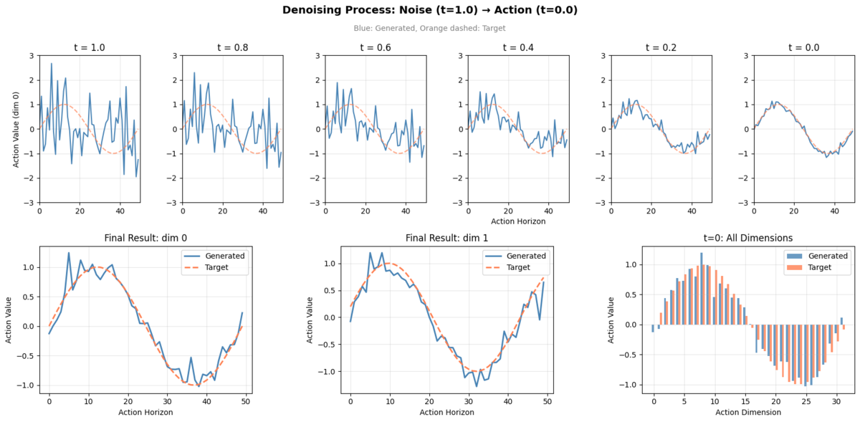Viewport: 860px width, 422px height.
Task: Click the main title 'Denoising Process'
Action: coord(429,10)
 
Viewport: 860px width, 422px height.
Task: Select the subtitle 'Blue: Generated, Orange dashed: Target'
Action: coord(429,29)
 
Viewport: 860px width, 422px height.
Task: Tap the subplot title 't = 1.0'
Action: coord(89,47)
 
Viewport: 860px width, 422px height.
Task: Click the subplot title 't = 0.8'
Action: coord(231,47)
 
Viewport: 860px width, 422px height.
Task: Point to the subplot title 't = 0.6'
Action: coord(374,47)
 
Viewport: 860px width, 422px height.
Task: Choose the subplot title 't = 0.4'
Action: coord(517,47)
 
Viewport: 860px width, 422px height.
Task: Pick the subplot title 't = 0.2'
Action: coord(660,47)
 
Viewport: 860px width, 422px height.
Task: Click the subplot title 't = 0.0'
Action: coord(803,47)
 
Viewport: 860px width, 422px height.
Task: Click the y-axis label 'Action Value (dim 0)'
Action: coord(16,129)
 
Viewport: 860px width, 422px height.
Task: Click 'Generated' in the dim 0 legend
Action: coord(225,256)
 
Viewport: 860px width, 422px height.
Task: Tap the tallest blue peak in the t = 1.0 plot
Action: coord(51,64)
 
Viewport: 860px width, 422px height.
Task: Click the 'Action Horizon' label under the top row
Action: coord(517,221)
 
